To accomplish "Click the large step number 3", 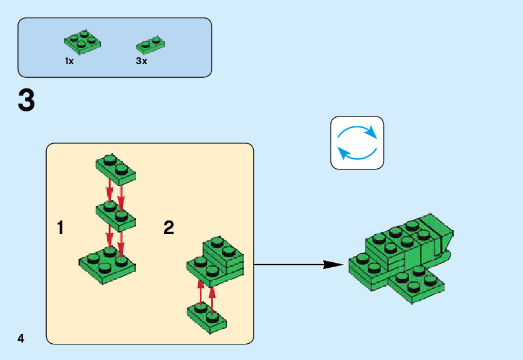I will point(26,101).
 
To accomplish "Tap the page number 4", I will point(21,339).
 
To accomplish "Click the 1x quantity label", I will point(69,62).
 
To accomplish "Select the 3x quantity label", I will point(142,62).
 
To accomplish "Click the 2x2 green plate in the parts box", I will point(83,42).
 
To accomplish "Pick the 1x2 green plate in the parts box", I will point(150,44).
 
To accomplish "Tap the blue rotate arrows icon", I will point(357,143).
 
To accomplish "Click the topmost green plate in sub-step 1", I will point(116,168).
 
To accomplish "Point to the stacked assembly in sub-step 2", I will point(216,258).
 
